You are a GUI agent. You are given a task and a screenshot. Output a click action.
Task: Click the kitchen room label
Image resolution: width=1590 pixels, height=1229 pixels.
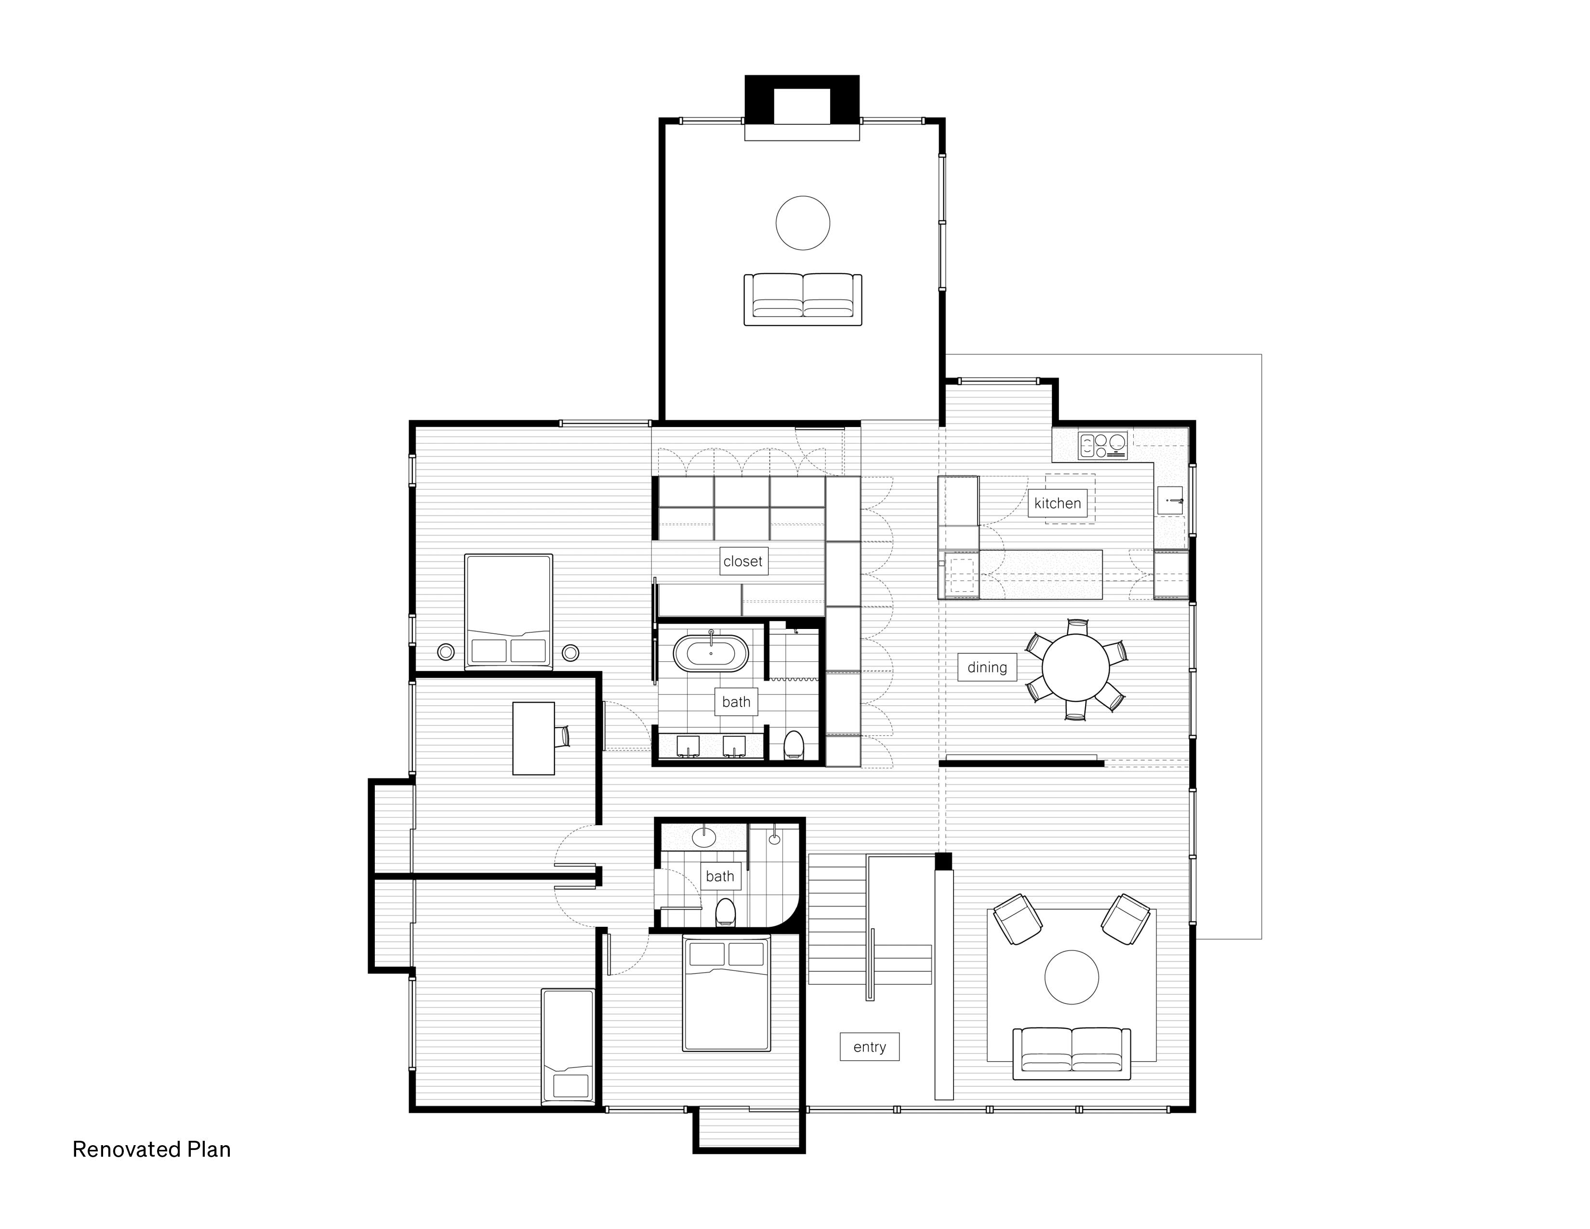point(1057,503)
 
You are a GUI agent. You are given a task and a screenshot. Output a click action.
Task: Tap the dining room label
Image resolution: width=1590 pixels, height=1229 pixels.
point(987,667)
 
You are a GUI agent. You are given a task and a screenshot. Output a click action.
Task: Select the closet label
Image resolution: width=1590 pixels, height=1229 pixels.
point(742,561)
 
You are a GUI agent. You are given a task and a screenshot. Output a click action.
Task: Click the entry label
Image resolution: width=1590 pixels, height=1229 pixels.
point(869,1047)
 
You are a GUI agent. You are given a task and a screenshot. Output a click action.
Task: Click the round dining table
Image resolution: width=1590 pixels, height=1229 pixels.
point(1075,668)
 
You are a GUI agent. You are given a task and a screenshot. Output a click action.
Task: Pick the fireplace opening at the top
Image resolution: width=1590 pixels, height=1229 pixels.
point(802,107)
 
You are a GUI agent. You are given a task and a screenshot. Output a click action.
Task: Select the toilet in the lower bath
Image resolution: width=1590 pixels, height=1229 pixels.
point(725,912)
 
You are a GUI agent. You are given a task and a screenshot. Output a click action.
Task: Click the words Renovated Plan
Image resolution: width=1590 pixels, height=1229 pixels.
point(151,1149)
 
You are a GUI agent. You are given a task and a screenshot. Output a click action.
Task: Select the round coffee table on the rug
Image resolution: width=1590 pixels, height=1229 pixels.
point(1071,977)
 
